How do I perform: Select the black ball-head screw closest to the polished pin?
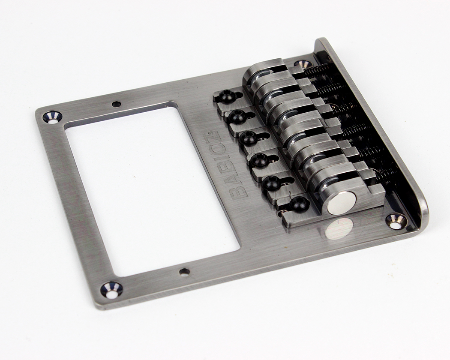299,204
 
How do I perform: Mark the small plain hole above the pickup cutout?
116,103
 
